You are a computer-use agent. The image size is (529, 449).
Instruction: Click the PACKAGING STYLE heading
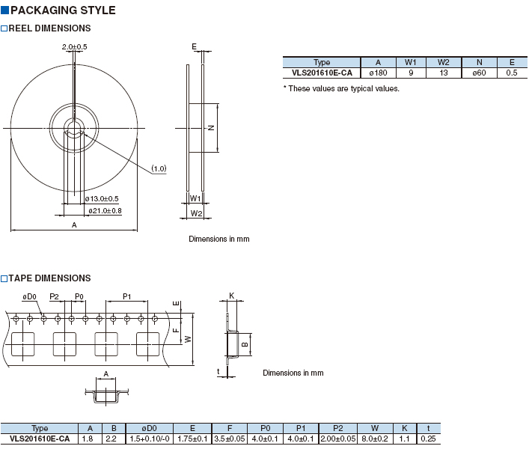(63, 10)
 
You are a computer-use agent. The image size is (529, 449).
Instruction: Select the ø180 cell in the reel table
(378, 73)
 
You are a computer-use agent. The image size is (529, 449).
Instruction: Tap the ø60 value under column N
(479, 73)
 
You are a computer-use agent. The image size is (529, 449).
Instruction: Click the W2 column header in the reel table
(443, 62)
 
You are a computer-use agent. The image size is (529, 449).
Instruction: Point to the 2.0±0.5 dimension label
(74, 47)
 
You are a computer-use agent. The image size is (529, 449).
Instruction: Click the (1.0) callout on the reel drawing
(159, 168)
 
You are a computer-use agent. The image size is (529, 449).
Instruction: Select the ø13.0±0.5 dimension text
(102, 199)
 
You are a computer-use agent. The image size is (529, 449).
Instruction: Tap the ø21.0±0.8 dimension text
(105, 211)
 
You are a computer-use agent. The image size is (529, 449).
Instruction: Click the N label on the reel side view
(211, 128)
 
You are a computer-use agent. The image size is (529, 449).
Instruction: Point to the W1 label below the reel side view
(195, 198)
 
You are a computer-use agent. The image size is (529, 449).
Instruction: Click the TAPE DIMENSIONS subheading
(49, 278)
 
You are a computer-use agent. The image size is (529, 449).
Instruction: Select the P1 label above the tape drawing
(127, 296)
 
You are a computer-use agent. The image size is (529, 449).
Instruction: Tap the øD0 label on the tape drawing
(29, 297)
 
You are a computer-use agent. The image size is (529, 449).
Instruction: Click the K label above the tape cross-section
(232, 296)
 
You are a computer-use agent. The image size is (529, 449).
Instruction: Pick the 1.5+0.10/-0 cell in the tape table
(150, 439)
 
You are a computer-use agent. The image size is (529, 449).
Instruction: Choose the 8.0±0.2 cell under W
(375, 439)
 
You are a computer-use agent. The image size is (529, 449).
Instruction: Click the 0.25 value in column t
(428, 439)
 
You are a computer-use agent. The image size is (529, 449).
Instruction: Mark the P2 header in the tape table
(337, 428)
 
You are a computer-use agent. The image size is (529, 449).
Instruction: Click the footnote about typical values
(341, 89)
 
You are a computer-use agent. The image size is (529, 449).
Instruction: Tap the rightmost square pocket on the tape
(147, 344)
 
